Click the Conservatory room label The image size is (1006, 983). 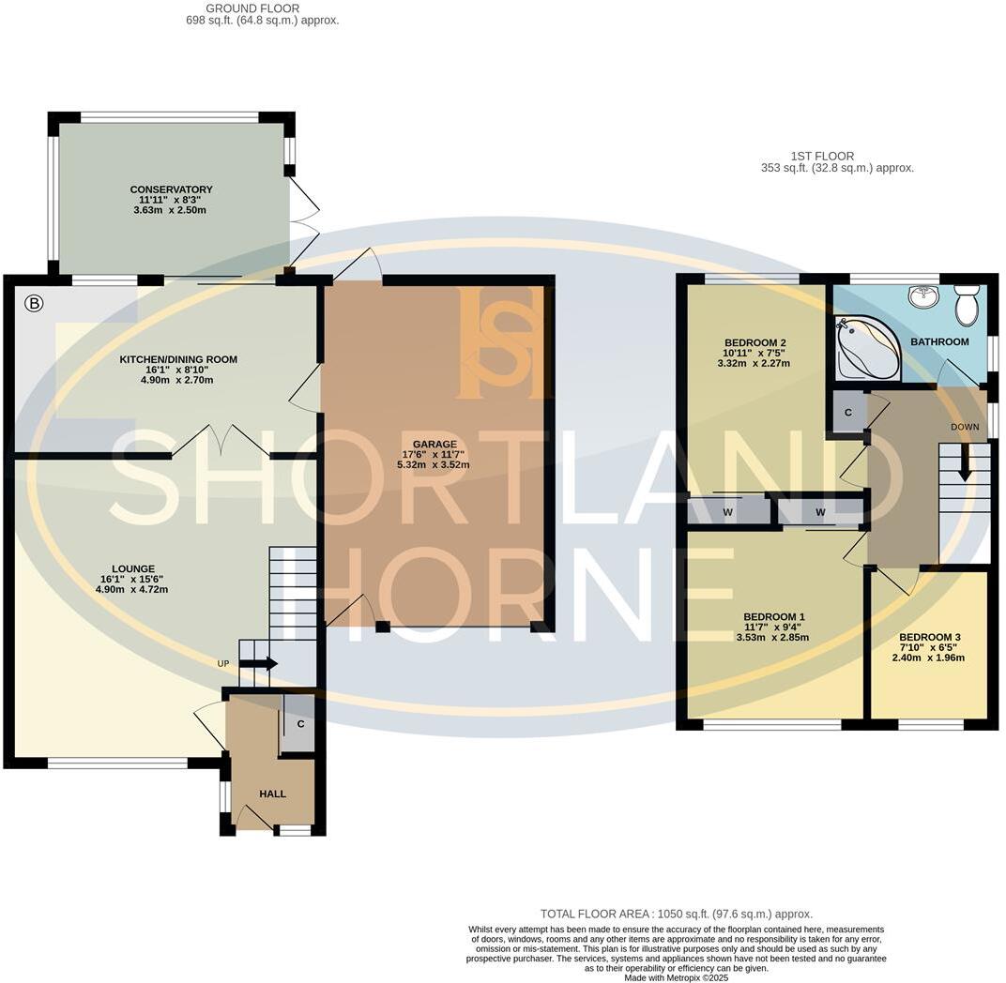pyautogui.click(x=171, y=189)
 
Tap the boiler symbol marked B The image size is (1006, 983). pyautogui.click(x=35, y=303)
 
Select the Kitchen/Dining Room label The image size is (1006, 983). pyautogui.click(x=178, y=359)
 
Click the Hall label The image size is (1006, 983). pyautogui.click(x=272, y=794)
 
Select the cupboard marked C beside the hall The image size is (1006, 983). pyautogui.click(x=299, y=723)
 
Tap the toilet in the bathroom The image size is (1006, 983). pyautogui.click(x=966, y=305)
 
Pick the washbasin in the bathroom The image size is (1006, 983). pyautogui.click(x=923, y=296)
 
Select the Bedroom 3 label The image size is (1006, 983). pyautogui.click(x=929, y=637)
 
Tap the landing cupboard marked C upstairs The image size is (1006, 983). pyautogui.click(x=848, y=413)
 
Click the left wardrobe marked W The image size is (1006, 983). pyautogui.click(x=727, y=512)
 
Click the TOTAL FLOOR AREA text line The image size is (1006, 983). pyautogui.click(x=676, y=914)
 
